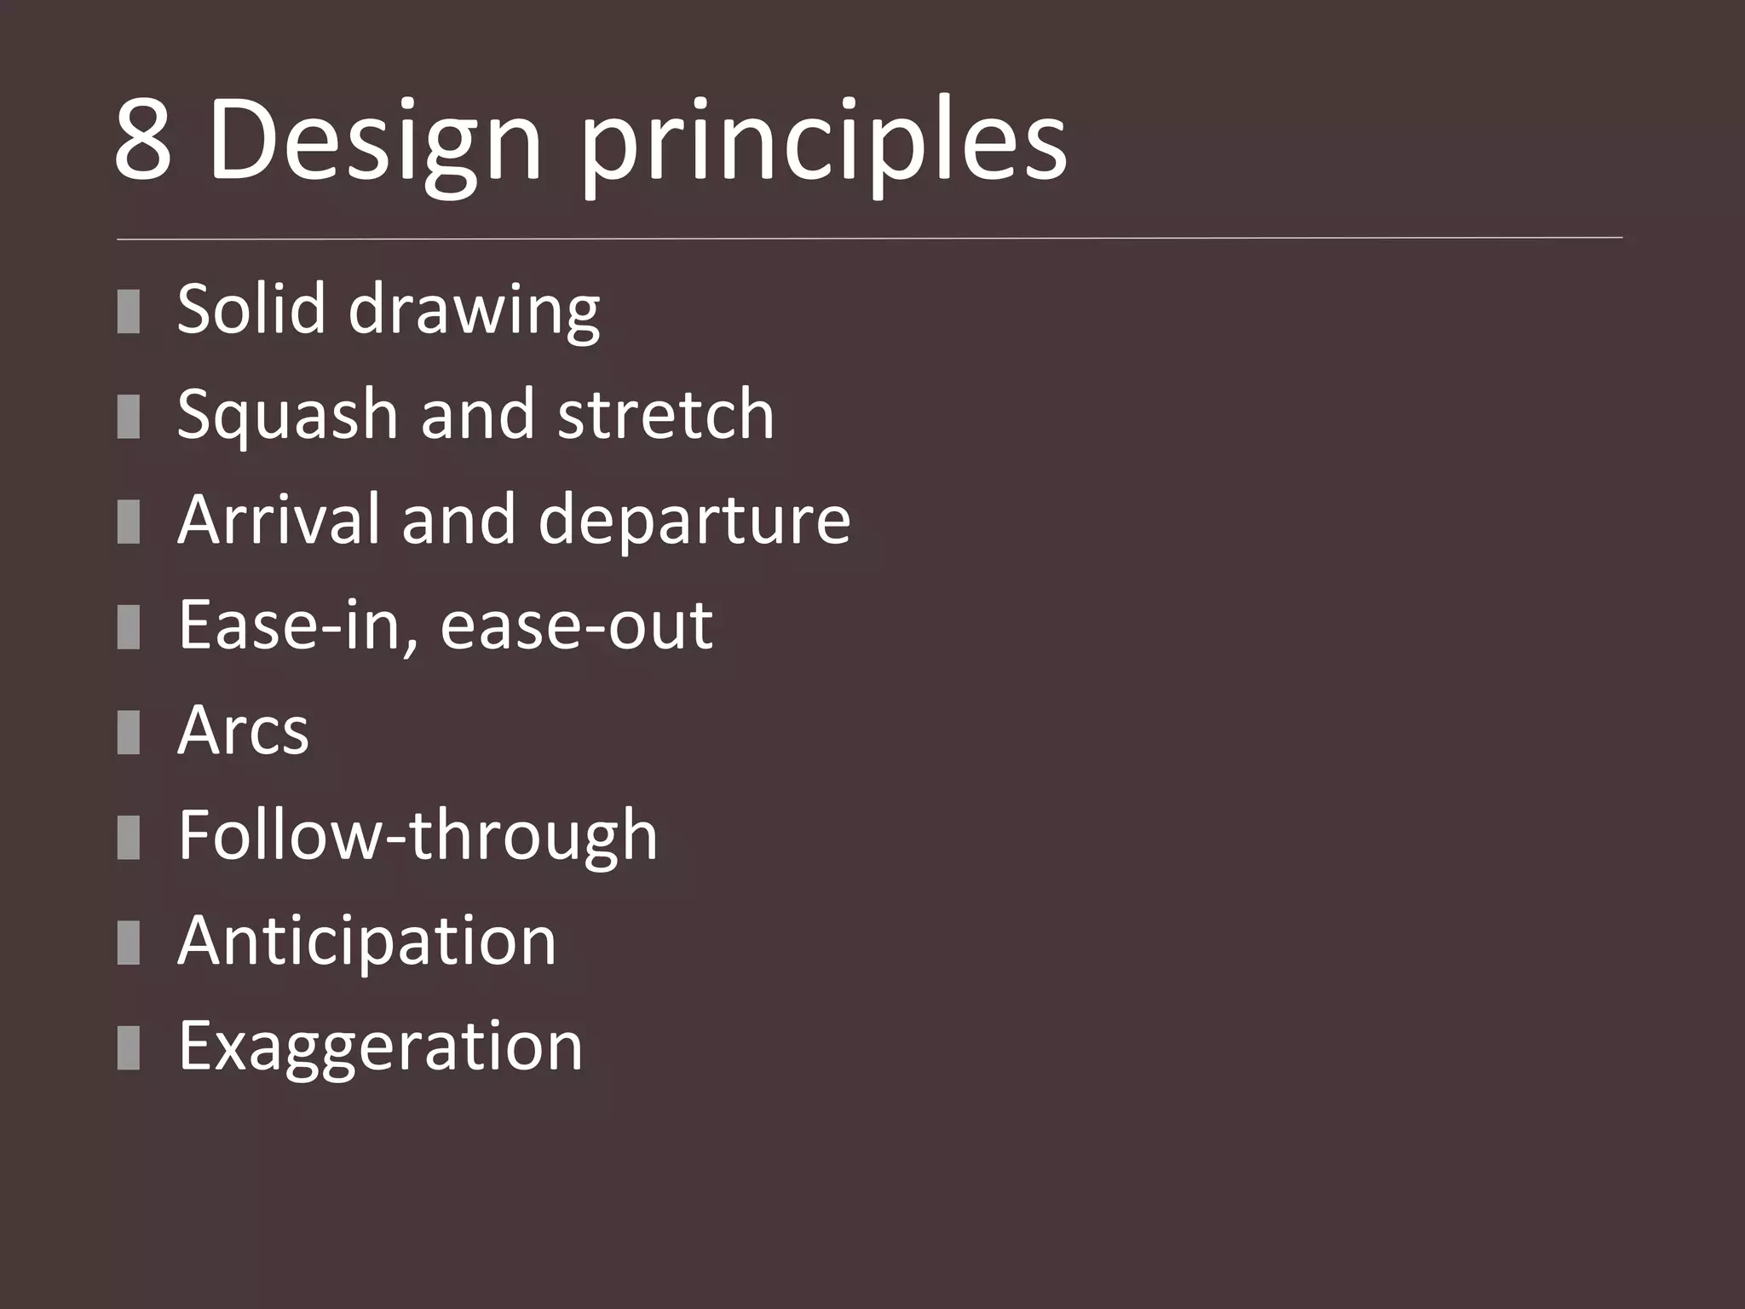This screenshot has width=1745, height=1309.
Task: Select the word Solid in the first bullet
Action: pos(251,309)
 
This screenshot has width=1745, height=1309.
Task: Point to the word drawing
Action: pos(474,310)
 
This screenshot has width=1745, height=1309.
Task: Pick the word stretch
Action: pos(665,414)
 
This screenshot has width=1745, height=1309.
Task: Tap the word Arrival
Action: pos(278,519)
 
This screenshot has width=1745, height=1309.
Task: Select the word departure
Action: pos(694,521)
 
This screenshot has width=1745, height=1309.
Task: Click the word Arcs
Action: pos(243,731)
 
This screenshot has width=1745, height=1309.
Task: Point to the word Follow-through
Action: pos(418,836)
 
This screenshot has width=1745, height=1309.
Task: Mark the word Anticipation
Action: pos(366,942)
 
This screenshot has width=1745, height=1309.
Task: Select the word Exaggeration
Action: pos(380,1047)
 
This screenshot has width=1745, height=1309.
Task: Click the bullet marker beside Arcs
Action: pos(129,732)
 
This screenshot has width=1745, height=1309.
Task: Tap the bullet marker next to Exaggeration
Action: pos(129,1048)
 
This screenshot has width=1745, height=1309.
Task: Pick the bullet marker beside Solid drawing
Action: pos(129,310)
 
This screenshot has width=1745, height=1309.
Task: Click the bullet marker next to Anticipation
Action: pos(129,943)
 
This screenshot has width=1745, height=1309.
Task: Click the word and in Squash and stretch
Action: pos(478,414)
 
